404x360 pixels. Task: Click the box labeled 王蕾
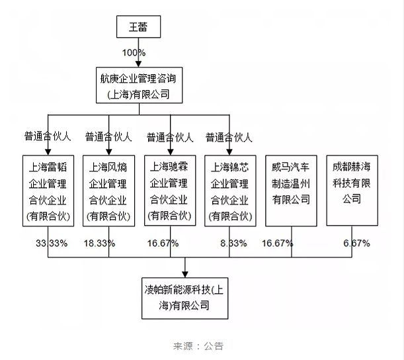tap(139, 27)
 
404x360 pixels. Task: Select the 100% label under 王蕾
tap(134, 53)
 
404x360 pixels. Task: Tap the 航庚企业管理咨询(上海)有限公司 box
tap(139, 85)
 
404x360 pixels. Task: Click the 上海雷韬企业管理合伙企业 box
tap(48, 191)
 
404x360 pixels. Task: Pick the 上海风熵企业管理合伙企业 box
tap(108, 191)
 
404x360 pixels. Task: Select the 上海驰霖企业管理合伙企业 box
tap(170, 191)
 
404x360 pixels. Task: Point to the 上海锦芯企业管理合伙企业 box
tap(230, 191)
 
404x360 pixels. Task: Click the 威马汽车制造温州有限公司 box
tap(291, 191)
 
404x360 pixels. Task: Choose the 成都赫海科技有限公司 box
tap(352, 191)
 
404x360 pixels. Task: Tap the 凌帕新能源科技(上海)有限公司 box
tap(185, 298)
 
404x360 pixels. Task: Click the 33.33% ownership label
tap(52, 243)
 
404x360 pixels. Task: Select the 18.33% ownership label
tap(99, 243)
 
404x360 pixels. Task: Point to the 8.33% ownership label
tap(233, 243)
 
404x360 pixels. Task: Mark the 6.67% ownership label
tap(356, 243)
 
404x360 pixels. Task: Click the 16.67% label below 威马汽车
tap(278, 243)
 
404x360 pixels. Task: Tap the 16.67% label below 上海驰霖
tap(163, 243)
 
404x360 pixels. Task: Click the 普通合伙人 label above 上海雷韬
tap(48, 136)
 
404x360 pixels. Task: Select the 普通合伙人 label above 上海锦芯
tap(229, 137)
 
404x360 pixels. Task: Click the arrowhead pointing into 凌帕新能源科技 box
tap(185, 274)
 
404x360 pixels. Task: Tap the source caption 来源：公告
tap(198, 346)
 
